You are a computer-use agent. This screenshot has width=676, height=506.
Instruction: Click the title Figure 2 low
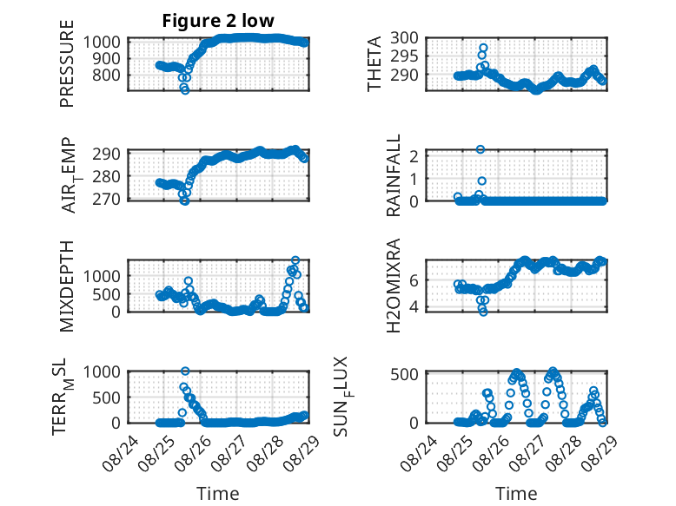(x=218, y=21)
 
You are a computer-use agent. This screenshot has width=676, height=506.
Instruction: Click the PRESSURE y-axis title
(x=67, y=63)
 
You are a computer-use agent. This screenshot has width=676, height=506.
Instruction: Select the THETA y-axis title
(x=374, y=63)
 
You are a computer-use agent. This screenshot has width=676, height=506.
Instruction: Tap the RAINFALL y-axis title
(x=394, y=175)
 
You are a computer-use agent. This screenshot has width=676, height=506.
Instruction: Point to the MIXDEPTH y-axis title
(x=67, y=286)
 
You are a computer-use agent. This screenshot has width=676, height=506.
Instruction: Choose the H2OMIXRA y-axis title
(x=394, y=286)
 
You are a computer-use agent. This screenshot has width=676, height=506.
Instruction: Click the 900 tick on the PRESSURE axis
(x=107, y=58)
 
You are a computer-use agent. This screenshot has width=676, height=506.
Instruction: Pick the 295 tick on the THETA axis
(x=404, y=56)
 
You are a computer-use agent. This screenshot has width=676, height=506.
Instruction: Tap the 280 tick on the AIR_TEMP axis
(x=107, y=176)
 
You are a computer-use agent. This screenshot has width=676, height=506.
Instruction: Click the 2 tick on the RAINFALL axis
(x=414, y=156)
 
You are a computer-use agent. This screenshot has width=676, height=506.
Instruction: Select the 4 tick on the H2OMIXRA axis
(x=414, y=307)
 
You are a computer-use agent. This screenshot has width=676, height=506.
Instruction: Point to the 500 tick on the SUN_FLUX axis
(x=404, y=374)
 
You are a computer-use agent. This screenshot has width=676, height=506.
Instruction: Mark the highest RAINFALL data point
(x=480, y=149)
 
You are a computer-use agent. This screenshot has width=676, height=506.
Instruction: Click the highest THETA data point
(x=483, y=48)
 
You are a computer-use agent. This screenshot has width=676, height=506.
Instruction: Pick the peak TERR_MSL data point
(x=185, y=371)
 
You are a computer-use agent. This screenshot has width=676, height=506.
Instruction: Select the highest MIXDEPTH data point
(x=295, y=260)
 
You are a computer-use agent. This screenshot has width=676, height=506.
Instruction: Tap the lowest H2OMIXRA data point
(x=483, y=312)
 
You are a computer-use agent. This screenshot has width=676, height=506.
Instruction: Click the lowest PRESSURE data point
(x=185, y=90)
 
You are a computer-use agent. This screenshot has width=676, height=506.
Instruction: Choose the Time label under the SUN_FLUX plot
(x=516, y=494)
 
